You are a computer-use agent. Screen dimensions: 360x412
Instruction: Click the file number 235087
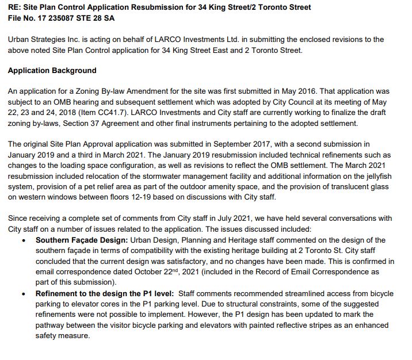pyautogui.click(x=58, y=18)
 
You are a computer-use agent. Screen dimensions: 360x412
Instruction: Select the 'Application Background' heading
pyautogui.click(x=52, y=71)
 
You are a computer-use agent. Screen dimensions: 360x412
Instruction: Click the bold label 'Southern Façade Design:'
pyautogui.click(x=81, y=239)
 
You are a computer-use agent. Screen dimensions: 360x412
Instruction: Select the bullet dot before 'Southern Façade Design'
pyautogui.click(x=22, y=239)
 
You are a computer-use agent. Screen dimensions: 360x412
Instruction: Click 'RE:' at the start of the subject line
pyautogui.click(x=15, y=7)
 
